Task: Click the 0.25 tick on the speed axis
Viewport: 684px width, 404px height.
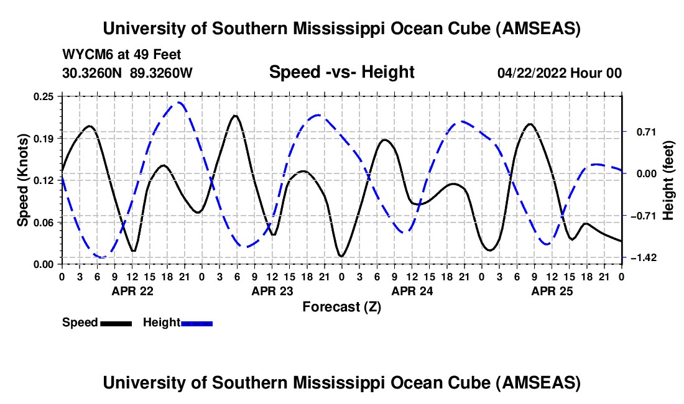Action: pos(45,96)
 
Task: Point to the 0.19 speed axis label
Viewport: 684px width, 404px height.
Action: pos(45,138)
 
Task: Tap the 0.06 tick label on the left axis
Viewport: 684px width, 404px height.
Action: pos(45,222)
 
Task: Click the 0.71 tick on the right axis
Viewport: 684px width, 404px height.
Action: pos(641,132)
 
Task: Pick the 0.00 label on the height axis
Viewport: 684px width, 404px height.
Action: pos(641,173)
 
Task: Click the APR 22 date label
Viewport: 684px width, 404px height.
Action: pos(132,290)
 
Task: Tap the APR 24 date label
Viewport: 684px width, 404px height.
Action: pos(412,290)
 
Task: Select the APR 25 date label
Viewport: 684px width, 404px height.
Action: pos(552,290)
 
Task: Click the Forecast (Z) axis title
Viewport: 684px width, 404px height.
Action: pos(341,306)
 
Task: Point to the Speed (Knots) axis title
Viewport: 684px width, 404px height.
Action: pos(23,180)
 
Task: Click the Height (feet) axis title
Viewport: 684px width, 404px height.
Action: pos(668,180)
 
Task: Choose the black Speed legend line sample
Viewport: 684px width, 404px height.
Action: pos(116,323)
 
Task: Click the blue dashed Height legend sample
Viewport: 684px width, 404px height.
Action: pos(197,323)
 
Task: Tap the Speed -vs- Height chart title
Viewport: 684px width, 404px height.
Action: pos(341,73)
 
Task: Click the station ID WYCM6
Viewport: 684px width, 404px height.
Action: pos(84,55)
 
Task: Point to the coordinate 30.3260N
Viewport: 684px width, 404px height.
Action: pos(93,73)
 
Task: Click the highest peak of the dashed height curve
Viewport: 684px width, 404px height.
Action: pos(178,103)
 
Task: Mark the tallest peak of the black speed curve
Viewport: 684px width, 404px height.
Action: pos(234,116)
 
